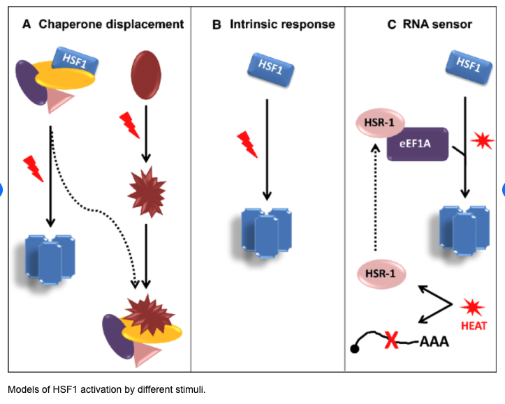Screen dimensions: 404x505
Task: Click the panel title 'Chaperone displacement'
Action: tap(111, 24)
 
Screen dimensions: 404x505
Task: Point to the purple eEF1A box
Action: tap(418, 144)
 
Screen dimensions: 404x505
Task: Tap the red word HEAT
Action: tap(474, 327)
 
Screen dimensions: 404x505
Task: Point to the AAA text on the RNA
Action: tap(434, 342)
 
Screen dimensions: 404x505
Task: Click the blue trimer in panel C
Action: tap(464, 227)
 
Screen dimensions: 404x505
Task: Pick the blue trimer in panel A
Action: tap(50, 257)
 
